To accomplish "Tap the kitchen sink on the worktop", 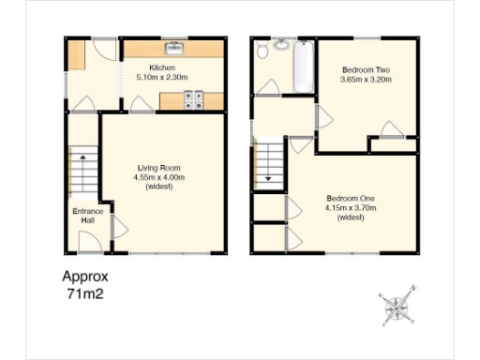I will (174, 48).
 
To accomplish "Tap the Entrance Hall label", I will (87, 217).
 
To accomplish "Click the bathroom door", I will (267, 88).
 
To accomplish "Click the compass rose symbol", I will (399, 305).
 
